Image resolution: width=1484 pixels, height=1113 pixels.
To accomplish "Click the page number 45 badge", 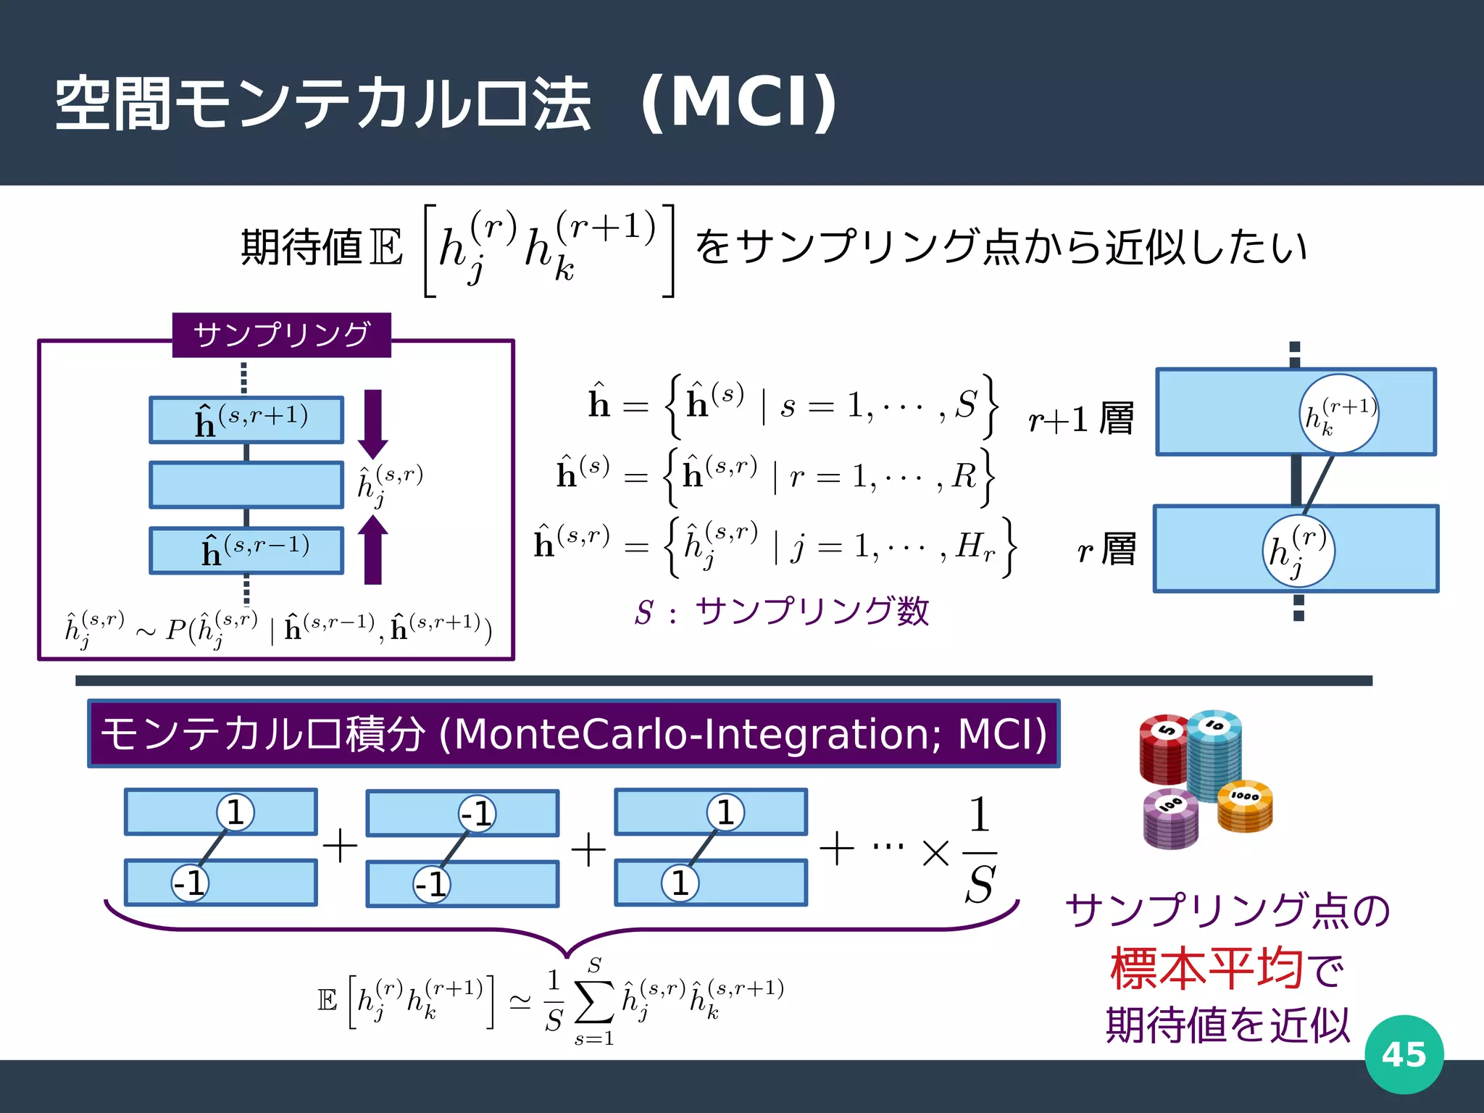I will point(1404,1054).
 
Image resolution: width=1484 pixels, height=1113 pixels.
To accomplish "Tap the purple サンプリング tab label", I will point(281,335).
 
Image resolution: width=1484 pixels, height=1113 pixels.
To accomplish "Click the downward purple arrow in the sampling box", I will point(372,424).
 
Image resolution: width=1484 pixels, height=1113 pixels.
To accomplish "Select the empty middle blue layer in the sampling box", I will point(246,485).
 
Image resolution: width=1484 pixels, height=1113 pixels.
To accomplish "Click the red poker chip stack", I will point(1163,750).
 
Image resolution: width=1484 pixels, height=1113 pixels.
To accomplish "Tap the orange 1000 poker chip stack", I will point(1245,806).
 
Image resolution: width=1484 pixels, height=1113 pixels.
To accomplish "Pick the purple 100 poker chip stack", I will point(1170,819).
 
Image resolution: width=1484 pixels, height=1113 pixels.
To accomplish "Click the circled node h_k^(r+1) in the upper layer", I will point(1338,414).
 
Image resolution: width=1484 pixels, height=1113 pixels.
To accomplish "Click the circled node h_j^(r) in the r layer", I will point(1298,551).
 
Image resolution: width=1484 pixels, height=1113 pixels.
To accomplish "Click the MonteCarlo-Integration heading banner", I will point(573,733).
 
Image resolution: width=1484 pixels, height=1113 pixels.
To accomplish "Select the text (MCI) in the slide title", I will point(739,103).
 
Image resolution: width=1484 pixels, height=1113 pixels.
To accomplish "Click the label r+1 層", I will point(1080,419).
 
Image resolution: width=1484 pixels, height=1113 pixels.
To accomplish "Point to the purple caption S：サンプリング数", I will point(781,612).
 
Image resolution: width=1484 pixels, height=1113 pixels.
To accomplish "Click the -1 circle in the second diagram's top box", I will point(478,814).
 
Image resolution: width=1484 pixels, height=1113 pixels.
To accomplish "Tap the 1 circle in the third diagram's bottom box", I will point(680,883).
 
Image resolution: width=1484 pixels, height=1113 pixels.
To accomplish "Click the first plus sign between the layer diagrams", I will point(341,846).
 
